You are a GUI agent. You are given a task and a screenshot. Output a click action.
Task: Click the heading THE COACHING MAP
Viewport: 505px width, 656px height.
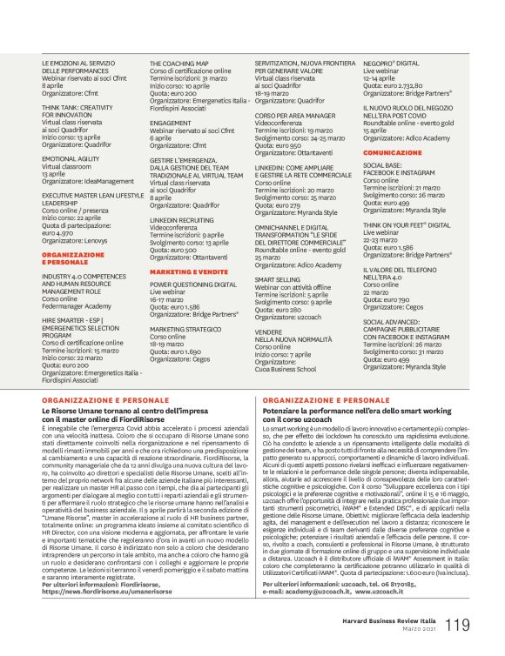(178, 64)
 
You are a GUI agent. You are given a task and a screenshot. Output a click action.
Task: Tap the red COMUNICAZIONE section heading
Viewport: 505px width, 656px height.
(392, 151)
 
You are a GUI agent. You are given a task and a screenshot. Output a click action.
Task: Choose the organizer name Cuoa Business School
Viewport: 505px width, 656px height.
(288, 368)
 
